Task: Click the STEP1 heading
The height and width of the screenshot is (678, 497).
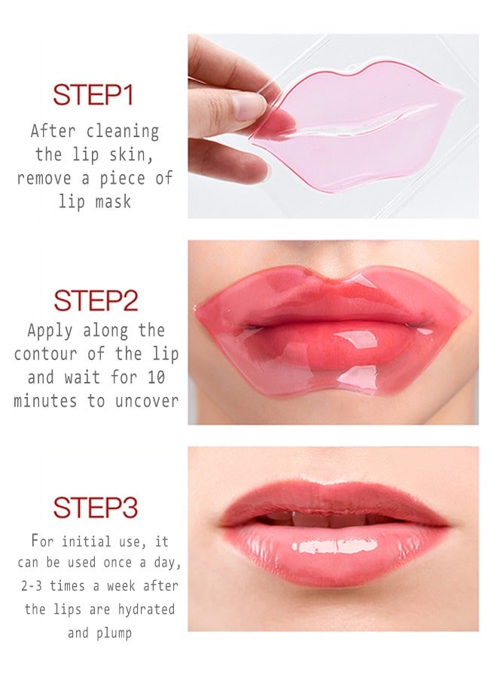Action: click(x=93, y=96)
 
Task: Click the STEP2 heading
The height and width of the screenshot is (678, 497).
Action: click(x=96, y=301)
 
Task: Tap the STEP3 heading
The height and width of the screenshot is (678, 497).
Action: click(x=95, y=508)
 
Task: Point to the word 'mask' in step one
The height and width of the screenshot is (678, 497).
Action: click(x=112, y=201)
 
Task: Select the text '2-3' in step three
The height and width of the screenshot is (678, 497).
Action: click(x=33, y=586)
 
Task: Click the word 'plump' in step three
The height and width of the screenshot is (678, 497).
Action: click(x=115, y=632)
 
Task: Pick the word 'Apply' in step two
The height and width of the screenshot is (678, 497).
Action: click(x=51, y=330)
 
